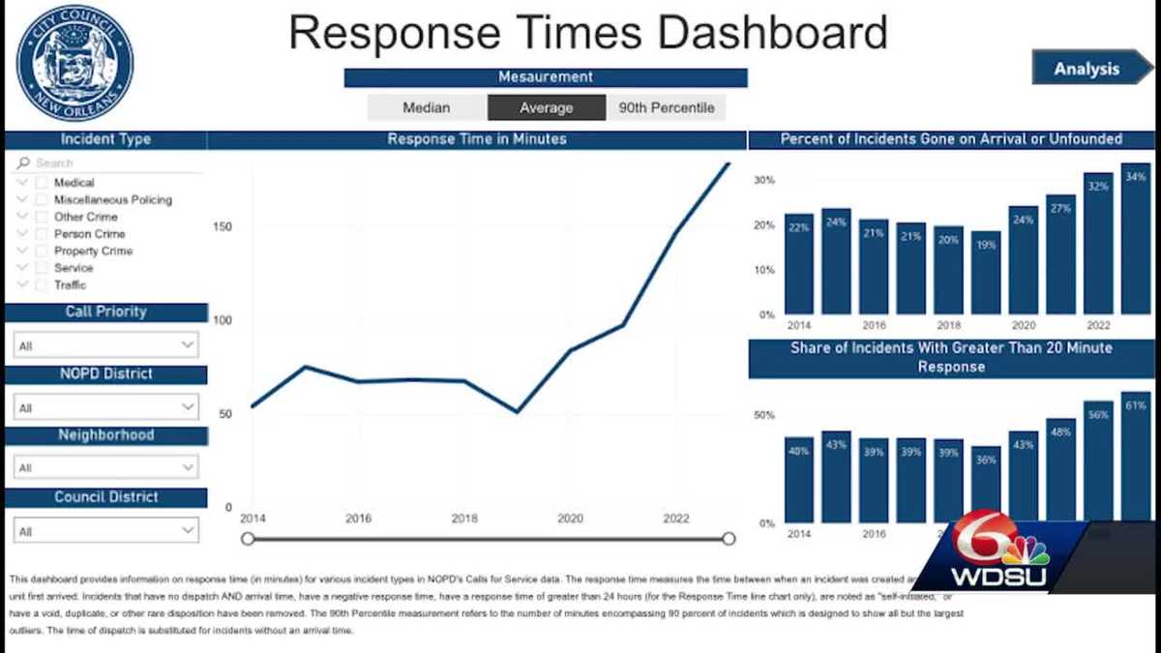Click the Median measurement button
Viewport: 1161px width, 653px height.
pyautogui.click(x=427, y=108)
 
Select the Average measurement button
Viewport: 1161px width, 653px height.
pyautogui.click(x=547, y=108)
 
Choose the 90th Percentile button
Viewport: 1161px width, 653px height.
pyautogui.click(x=666, y=108)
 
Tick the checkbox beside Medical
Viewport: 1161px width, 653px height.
pyautogui.click(x=42, y=183)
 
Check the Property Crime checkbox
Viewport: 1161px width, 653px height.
pyautogui.click(x=42, y=252)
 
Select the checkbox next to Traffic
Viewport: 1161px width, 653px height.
pyautogui.click(x=42, y=285)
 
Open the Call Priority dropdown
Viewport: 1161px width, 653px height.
pyautogui.click(x=106, y=345)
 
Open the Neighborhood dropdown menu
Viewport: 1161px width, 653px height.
pyautogui.click(x=106, y=468)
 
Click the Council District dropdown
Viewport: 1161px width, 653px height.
pyautogui.click(x=106, y=530)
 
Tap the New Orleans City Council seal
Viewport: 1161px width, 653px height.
pyautogui.click(x=75, y=63)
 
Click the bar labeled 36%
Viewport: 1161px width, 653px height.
pyautogui.click(x=986, y=484)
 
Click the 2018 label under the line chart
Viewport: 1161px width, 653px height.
pyautogui.click(x=464, y=519)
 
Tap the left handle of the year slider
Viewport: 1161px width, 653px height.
pyautogui.click(x=248, y=539)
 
